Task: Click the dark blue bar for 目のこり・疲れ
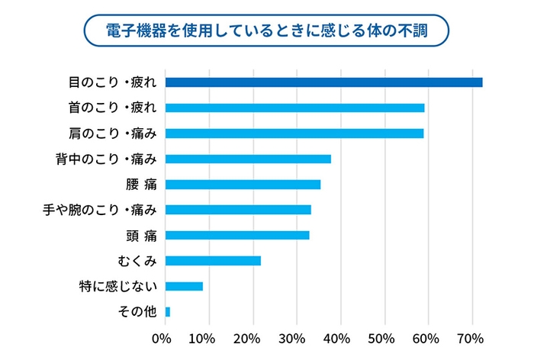point(323,82)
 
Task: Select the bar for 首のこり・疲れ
point(294,108)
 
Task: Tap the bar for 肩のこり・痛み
point(294,133)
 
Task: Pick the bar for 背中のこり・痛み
point(248,159)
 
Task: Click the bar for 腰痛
point(243,184)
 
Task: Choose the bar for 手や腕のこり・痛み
point(238,210)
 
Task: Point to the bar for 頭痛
point(237,235)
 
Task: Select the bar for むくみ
point(213,260)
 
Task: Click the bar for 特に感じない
point(184,286)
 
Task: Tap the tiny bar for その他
point(168,312)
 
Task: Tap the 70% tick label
point(471,338)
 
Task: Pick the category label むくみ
point(137,261)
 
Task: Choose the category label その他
point(138,312)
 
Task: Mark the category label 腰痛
point(141,185)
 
